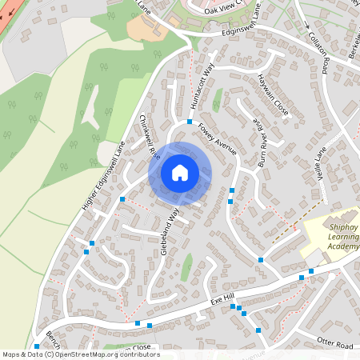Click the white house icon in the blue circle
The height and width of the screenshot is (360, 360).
180,173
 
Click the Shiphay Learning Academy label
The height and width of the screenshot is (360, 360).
334,237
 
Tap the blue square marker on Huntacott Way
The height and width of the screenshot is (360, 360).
190,122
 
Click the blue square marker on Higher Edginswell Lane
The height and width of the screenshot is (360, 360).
122,198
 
